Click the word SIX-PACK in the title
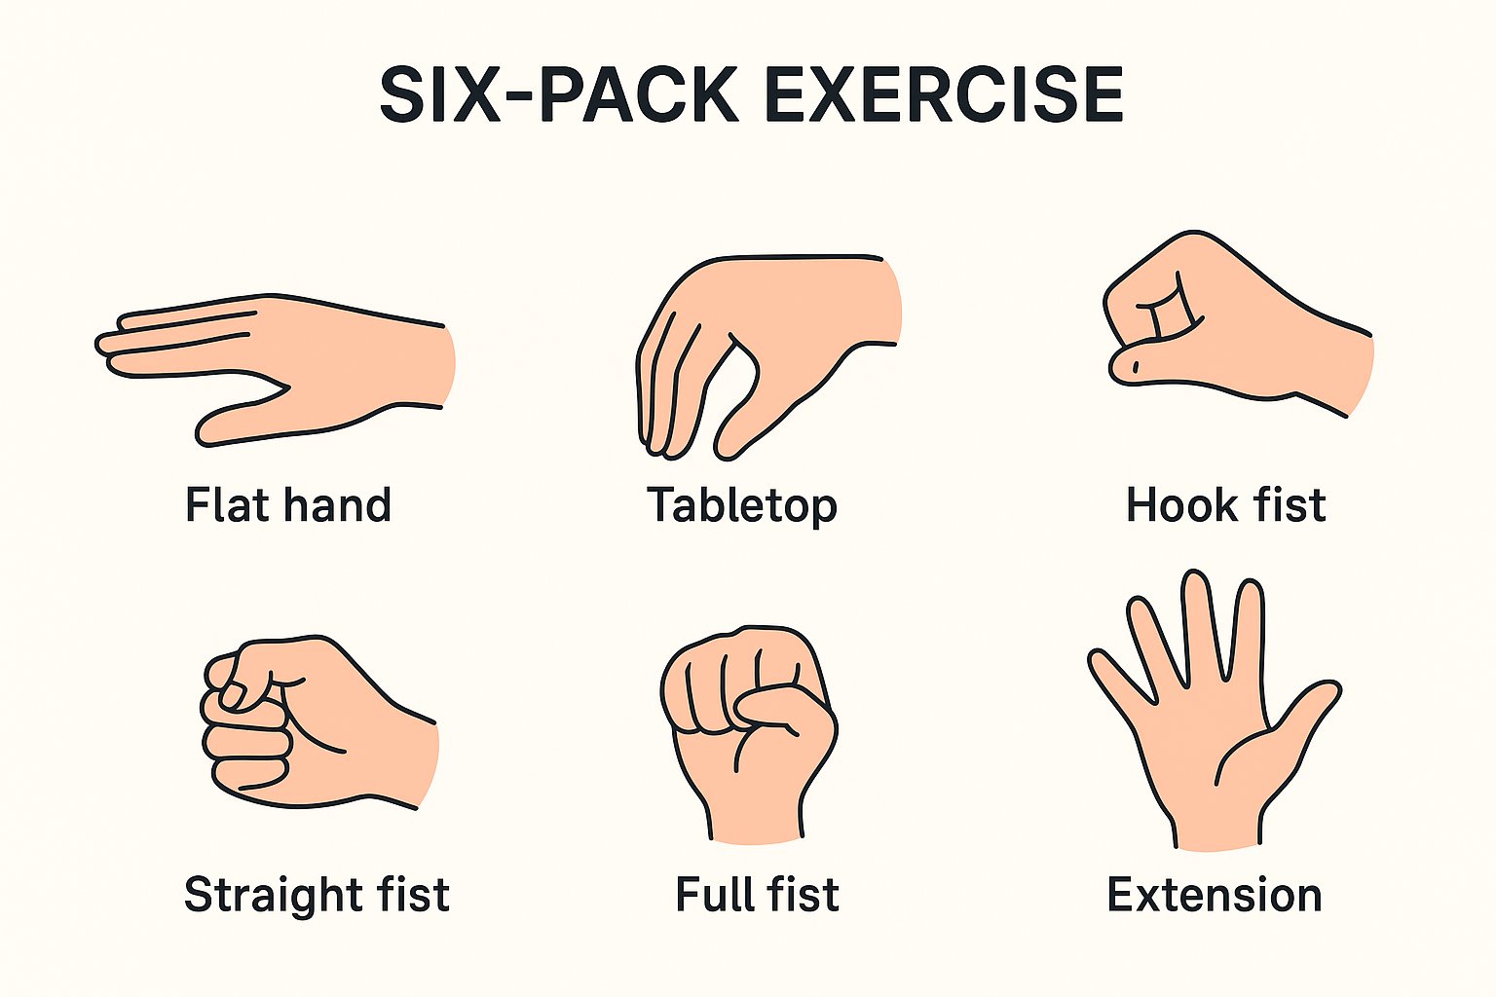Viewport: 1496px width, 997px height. point(558,94)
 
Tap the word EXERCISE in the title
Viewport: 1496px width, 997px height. point(944,94)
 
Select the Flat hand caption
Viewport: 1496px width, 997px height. point(288,505)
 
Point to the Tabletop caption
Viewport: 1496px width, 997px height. point(741,505)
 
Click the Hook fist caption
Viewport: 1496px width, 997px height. point(1225,505)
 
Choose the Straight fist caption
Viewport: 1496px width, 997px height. point(317,895)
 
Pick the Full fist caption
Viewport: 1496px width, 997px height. point(757,894)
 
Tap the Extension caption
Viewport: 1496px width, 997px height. point(1215,895)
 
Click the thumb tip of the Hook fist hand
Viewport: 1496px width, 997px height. point(1122,367)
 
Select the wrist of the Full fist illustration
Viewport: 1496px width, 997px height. point(755,818)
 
